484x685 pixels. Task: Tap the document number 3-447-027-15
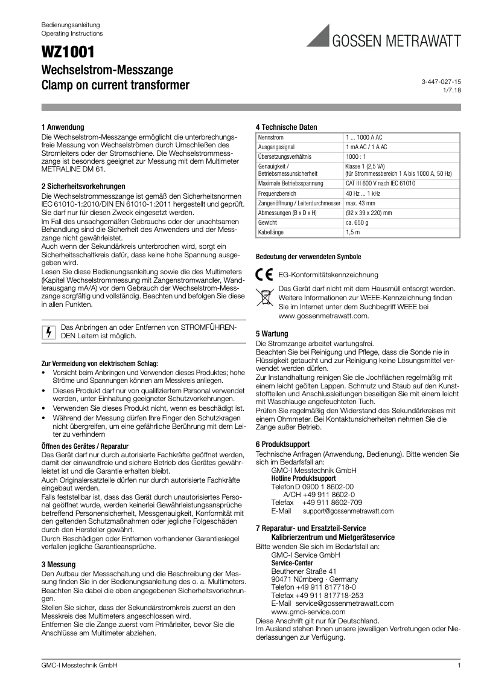(x=441, y=81)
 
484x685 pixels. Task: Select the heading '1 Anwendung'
(x=63, y=127)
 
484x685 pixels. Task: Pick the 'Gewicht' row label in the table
(x=269, y=223)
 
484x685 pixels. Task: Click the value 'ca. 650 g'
(x=358, y=223)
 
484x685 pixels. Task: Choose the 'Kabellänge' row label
(x=272, y=232)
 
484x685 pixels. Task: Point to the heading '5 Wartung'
(x=272, y=333)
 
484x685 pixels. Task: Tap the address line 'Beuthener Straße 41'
(x=304, y=571)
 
